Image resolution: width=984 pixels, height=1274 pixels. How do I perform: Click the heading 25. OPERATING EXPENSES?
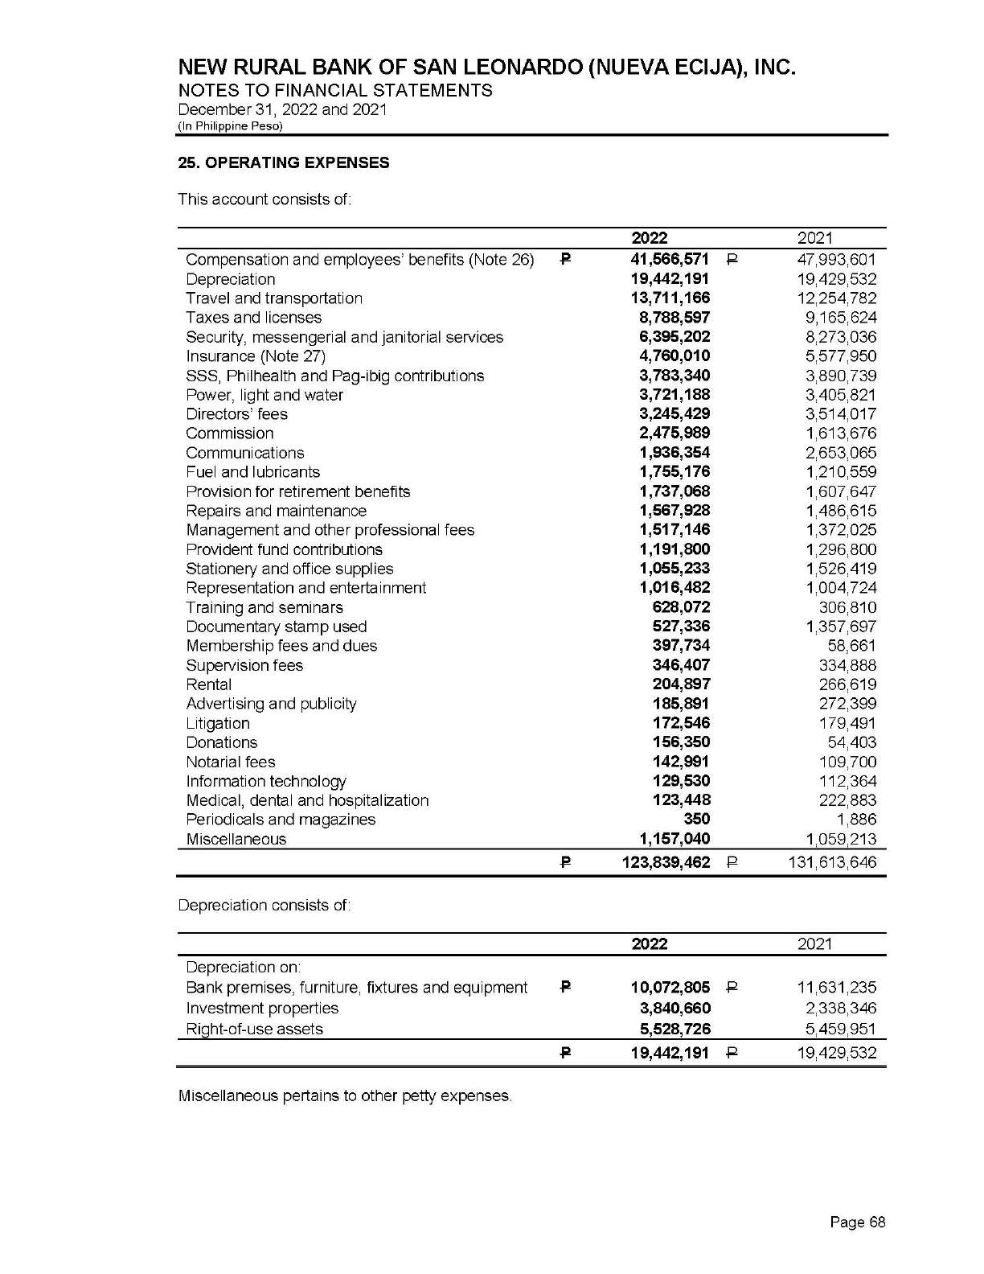(283, 162)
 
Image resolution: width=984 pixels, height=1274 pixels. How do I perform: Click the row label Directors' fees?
(236, 414)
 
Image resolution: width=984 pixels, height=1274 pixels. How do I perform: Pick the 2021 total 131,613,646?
(830, 863)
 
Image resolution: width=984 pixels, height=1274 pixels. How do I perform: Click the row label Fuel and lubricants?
(252, 472)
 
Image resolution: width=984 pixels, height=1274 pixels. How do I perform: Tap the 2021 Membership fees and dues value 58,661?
(852, 646)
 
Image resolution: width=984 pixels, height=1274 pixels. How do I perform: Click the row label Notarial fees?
(231, 762)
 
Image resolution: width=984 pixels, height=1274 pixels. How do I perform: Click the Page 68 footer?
(857, 1223)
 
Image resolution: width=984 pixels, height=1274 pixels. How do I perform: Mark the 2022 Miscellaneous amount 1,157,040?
(674, 839)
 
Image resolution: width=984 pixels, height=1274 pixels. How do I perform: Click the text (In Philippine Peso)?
(230, 126)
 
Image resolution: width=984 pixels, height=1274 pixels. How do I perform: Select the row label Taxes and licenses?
(253, 318)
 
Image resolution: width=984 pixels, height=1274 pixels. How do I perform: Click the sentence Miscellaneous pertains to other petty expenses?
(344, 1096)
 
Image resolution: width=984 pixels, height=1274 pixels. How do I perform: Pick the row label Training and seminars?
(264, 607)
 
